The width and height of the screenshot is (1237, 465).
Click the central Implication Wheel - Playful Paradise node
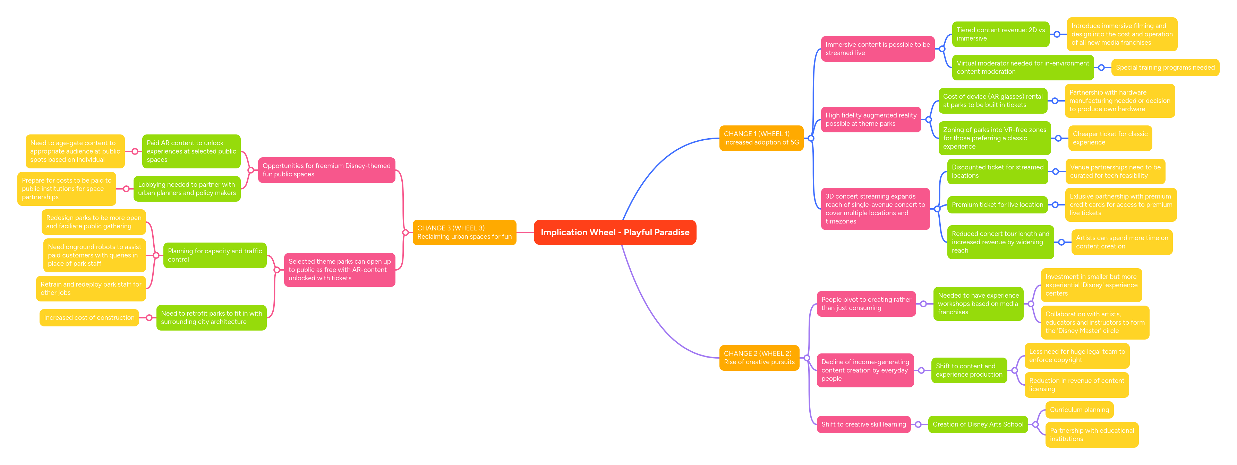coord(615,232)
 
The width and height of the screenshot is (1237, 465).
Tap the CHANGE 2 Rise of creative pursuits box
coord(759,358)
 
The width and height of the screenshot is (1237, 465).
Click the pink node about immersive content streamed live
coord(877,49)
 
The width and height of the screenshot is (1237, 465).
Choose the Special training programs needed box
coord(1165,68)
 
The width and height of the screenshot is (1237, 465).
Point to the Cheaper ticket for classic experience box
coord(1109,138)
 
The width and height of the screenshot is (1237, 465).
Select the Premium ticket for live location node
coord(997,205)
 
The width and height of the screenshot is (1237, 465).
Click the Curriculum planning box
coord(1079,410)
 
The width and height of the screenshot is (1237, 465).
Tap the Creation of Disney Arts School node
coord(978,424)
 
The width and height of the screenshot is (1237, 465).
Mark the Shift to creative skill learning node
coord(863,424)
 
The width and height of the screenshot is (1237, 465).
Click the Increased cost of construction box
coord(89,318)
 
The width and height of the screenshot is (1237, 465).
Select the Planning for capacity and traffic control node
coord(215,255)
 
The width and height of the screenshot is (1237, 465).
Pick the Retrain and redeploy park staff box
coord(91,288)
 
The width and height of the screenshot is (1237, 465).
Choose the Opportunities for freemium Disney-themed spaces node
coord(326,170)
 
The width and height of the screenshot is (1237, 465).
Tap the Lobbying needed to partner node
coord(187,188)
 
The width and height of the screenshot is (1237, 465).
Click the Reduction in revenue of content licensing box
coord(1076,385)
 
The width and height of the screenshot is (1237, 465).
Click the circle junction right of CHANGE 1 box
coord(811,138)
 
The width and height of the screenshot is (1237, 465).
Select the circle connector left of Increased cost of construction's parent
coord(150,318)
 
